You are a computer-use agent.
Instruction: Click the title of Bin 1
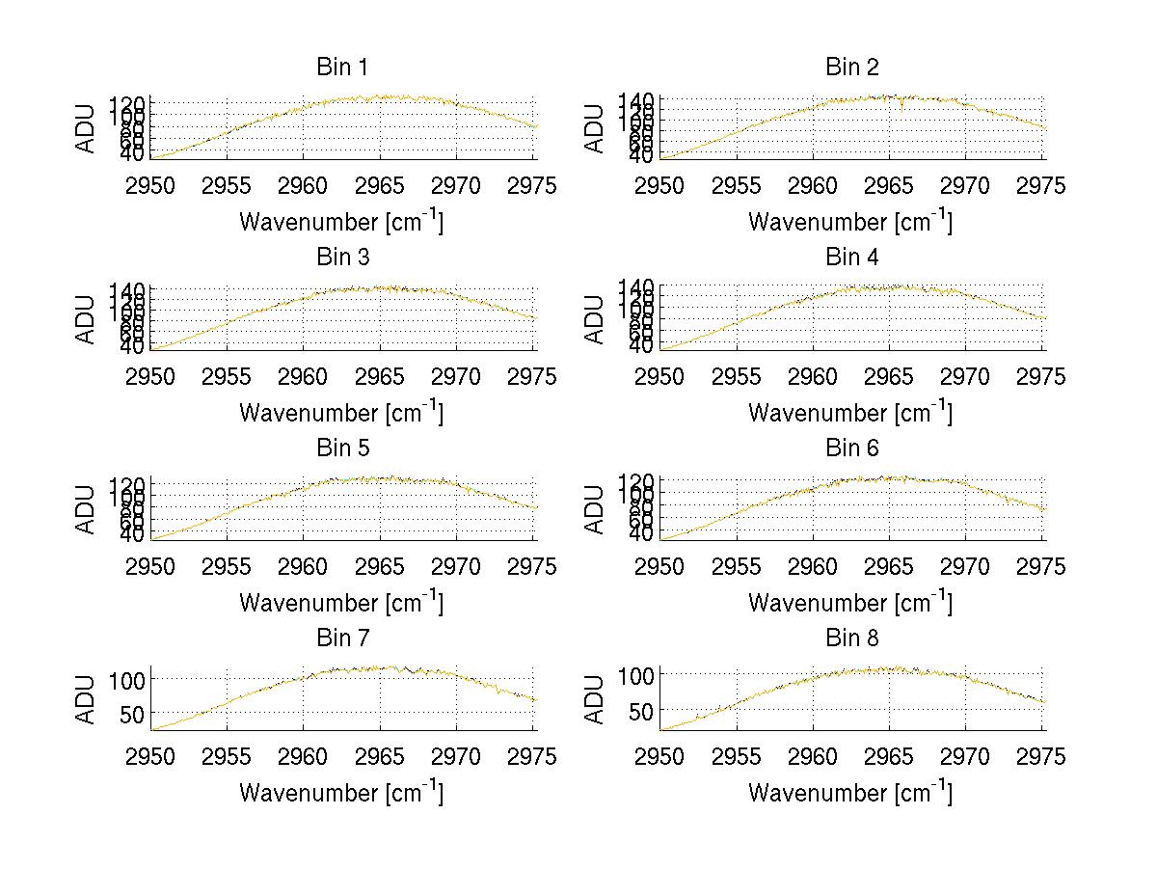click(x=341, y=68)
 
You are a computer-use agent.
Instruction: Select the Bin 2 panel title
click(x=851, y=68)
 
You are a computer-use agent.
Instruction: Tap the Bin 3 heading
click(x=341, y=258)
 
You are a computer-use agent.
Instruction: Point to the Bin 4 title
click(x=851, y=258)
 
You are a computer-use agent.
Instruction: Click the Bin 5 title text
click(x=341, y=448)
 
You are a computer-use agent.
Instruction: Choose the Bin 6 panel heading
click(x=851, y=448)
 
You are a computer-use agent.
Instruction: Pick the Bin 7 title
click(x=341, y=638)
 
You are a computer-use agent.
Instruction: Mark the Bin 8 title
click(x=851, y=638)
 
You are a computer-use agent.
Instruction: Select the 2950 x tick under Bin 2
click(x=660, y=185)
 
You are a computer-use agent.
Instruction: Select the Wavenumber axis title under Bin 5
click(x=341, y=603)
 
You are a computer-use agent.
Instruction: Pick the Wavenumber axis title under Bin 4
click(x=851, y=413)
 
